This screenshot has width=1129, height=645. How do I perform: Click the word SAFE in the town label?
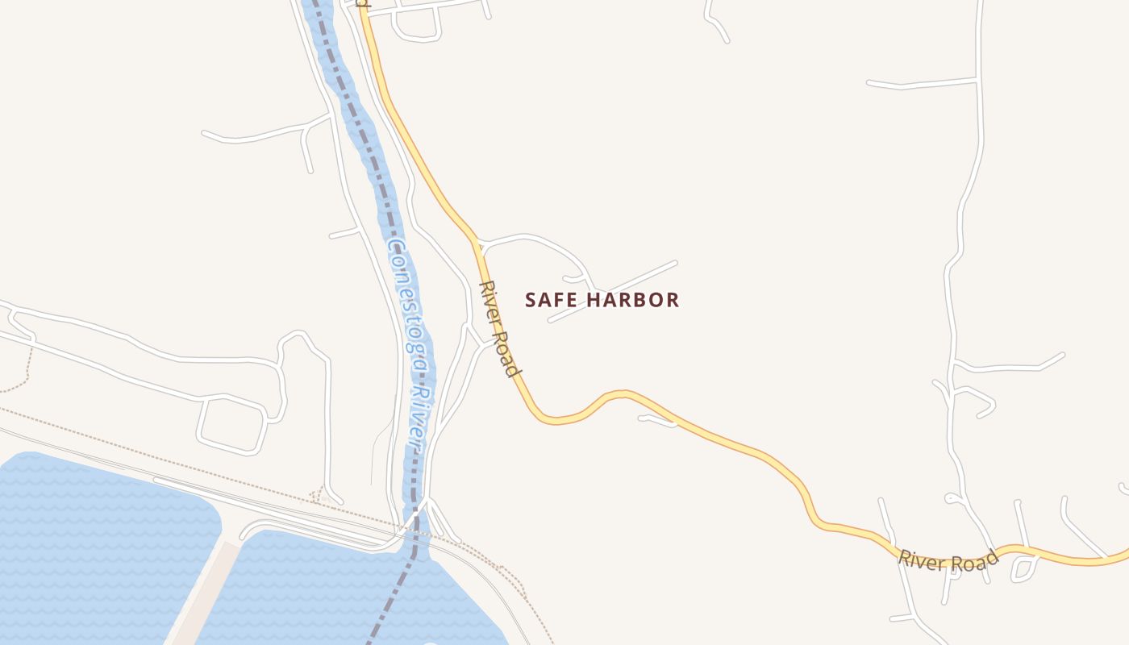pos(551,300)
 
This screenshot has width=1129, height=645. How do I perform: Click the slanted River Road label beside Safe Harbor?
pos(498,329)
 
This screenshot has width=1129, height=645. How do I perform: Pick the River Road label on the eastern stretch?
pos(948,559)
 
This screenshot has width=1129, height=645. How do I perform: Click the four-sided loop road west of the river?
pos(234,422)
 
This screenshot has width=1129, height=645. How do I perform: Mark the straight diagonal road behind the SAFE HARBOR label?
pos(613,291)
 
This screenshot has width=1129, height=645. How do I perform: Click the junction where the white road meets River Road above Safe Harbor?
pos(477,240)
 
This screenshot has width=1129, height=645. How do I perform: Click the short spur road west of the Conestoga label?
pos(344,234)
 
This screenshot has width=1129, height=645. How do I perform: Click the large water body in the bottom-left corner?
pos(97,548)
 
